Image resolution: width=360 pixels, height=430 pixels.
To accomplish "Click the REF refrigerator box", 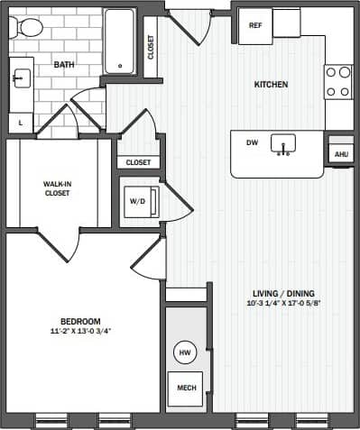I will click(x=255, y=25).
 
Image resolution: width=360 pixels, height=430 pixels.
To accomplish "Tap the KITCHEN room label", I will click(x=270, y=85).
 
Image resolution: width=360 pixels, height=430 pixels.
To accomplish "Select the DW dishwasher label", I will click(x=253, y=142).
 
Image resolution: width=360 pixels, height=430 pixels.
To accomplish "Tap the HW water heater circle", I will click(x=183, y=352).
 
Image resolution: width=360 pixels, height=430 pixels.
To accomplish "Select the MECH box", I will click(x=185, y=388).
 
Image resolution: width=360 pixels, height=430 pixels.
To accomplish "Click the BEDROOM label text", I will click(x=80, y=322).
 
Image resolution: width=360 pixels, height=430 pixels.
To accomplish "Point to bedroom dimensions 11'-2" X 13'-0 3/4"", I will click(x=80, y=331).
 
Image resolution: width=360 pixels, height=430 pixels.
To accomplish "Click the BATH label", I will click(x=64, y=65).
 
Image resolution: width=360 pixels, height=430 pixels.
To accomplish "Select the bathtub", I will click(x=119, y=41).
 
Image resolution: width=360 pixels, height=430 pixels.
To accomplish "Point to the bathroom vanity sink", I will click(x=22, y=78).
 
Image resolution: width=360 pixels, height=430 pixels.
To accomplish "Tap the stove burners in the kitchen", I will click(x=338, y=81).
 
